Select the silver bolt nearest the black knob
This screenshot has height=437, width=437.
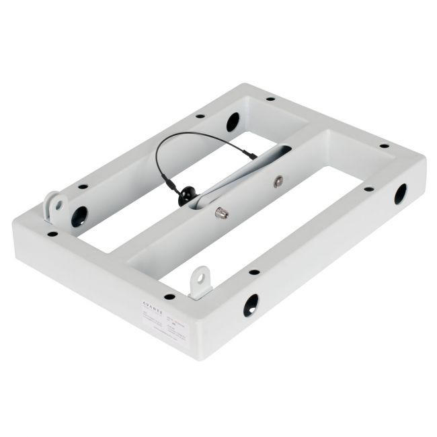coord(219,212)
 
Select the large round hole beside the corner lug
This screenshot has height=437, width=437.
coord(79,216)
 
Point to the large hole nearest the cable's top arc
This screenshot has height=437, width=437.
coord(232,122)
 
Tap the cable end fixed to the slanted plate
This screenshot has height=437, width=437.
coord(251,156)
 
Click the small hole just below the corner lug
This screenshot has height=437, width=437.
coord(52,235)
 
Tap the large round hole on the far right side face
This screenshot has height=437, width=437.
coord(399,194)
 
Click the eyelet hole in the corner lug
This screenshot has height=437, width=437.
coord(58,200)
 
